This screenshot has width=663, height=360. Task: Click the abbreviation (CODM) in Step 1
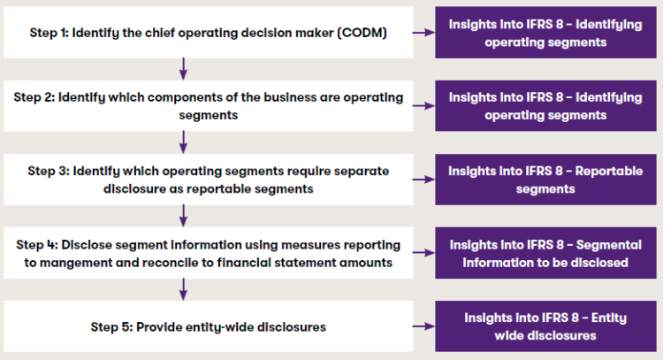362,33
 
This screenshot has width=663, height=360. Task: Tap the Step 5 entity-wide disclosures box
209,326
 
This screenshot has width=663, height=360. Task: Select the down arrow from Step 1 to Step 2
183,69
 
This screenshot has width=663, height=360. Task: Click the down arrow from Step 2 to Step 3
183,142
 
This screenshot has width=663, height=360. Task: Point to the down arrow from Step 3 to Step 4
183,216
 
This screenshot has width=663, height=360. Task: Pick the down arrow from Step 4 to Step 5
183,289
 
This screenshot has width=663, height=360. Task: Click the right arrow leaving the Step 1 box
423,33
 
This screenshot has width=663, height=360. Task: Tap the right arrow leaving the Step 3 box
423,180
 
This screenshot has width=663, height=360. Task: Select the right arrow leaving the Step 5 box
423,326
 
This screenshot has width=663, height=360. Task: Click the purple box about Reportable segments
545,180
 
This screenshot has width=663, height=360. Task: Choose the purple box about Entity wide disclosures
545,326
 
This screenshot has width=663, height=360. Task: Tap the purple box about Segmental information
545,253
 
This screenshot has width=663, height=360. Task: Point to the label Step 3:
49,172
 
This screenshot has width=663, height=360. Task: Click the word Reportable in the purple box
609,171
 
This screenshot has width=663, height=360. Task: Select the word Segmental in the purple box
609,244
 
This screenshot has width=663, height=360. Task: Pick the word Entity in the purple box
609,318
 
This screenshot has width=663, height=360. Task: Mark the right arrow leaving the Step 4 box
423,253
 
